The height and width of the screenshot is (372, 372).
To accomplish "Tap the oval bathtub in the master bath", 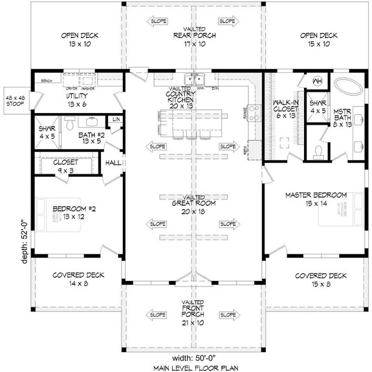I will (x=349, y=86).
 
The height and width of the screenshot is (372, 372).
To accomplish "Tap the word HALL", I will (x=113, y=163).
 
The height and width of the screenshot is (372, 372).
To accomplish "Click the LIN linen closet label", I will (x=116, y=120).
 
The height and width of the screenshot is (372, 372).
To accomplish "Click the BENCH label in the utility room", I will (x=46, y=82).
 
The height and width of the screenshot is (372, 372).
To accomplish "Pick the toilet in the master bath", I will (x=317, y=150).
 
